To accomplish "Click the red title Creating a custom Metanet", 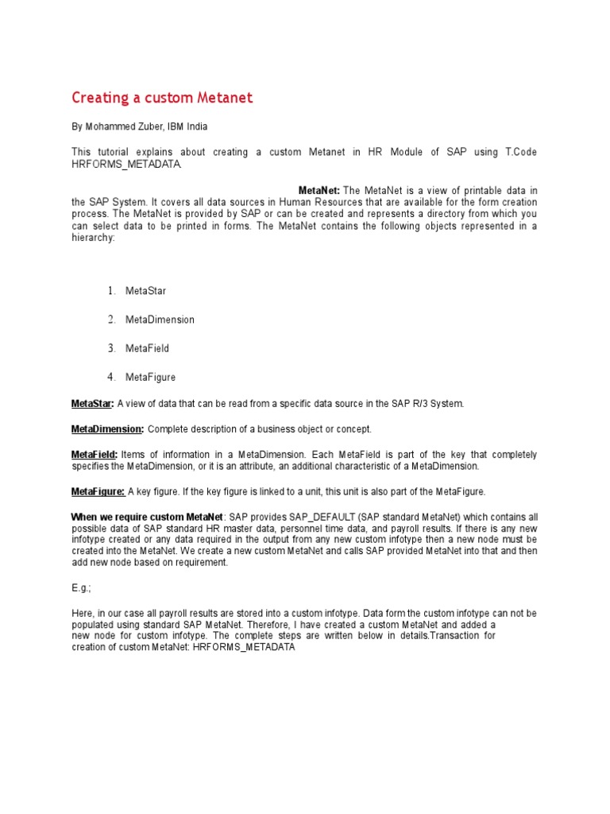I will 162,98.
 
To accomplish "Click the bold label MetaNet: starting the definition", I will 319,191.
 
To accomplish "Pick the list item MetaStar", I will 146,291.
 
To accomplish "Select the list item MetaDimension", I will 160,320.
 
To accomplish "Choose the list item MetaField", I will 147,348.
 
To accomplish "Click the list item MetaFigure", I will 150,377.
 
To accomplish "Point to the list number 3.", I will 112,348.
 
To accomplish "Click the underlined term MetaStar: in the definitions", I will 93,404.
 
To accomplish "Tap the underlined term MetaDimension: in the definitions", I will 107,429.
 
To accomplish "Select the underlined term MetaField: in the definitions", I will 95,455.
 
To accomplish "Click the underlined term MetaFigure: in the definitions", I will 98,491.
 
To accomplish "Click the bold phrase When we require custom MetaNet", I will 148,517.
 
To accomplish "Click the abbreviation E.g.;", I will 81,588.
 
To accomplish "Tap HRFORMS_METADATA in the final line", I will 244,647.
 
